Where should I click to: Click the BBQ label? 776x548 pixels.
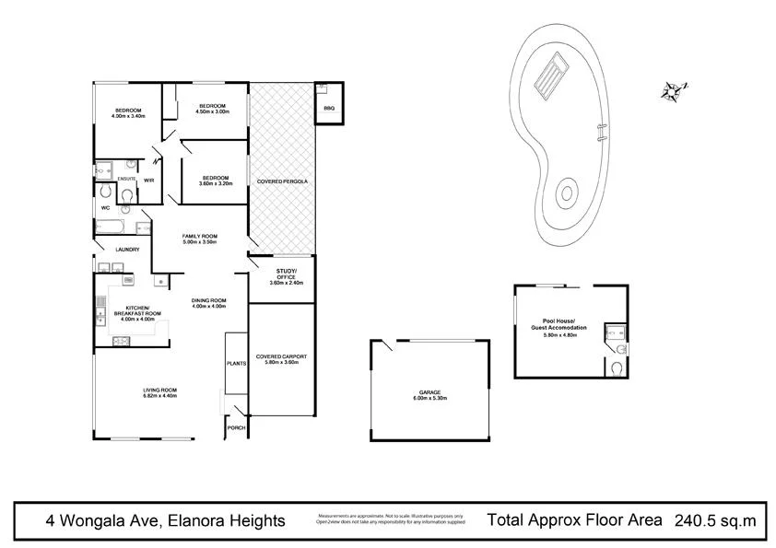[329, 109]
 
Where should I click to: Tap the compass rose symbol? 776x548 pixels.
[672, 89]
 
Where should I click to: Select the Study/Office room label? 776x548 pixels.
[282, 274]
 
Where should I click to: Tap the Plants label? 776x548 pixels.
[236, 364]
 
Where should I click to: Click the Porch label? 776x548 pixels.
[236, 427]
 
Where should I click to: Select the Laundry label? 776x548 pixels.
[126, 250]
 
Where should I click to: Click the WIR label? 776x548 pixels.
[148, 181]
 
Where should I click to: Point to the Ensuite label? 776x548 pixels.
[126, 178]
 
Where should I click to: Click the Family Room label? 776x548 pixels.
[198, 239]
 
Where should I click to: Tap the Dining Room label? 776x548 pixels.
[208, 303]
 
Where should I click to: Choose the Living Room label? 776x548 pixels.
[159, 392]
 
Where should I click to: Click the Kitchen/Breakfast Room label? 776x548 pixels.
[137, 314]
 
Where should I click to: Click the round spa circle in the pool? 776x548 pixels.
[565, 195]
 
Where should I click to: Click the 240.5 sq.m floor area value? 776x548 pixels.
[715, 519]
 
